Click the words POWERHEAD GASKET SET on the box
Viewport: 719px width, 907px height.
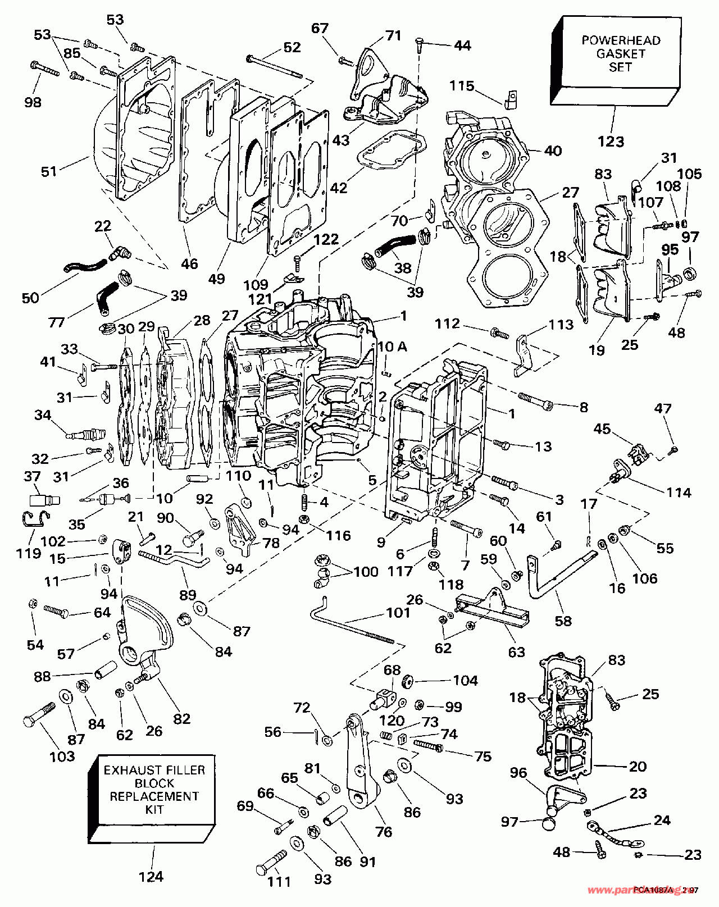click(x=621, y=54)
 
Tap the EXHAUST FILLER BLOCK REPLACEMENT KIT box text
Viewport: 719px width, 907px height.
click(x=154, y=790)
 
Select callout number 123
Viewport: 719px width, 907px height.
click(x=611, y=142)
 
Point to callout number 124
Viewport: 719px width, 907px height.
click(x=151, y=877)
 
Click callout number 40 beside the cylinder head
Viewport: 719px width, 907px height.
click(x=553, y=151)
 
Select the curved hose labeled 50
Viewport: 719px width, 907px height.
click(x=84, y=266)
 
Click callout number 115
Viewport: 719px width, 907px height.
click(x=462, y=86)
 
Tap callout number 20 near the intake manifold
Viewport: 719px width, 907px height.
click(x=638, y=766)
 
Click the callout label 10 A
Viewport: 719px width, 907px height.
click(x=392, y=347)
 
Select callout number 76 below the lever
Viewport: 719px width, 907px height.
click(x=384, y=831)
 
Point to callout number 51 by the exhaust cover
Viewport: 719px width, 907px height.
click(x=49, y=171)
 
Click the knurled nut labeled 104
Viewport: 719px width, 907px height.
click(x=408, y=681)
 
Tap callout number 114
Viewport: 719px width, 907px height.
click(x=679, y=493)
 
